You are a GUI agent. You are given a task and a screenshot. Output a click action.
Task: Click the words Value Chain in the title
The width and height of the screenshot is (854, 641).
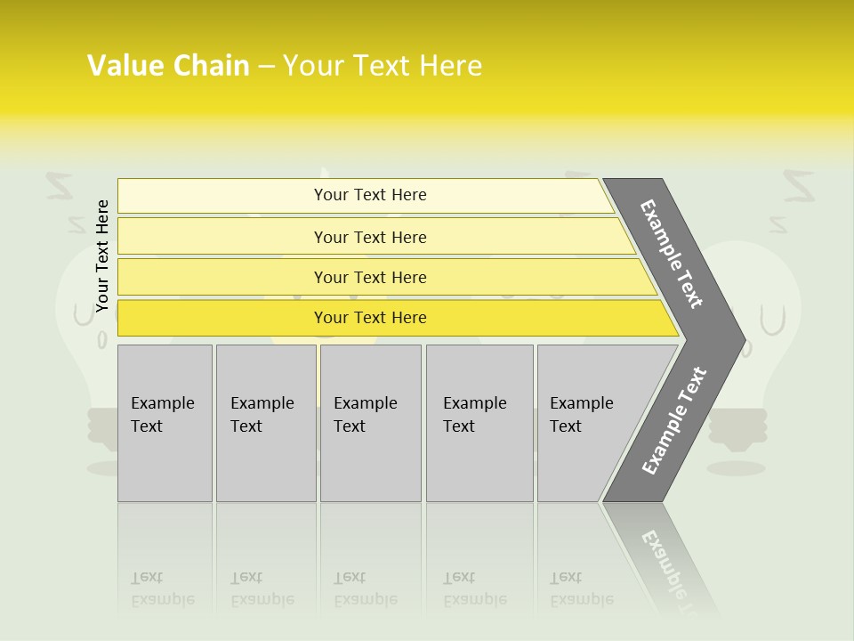(168, 66)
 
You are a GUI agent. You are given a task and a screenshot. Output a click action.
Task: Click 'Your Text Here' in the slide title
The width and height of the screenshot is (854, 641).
(383, 66)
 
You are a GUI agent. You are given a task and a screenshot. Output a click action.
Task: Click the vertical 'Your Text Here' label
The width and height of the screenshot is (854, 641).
(102, 256)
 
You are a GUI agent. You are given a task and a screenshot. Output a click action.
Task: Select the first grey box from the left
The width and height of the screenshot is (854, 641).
(165, 423)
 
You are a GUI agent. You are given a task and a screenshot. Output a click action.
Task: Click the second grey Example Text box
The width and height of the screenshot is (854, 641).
(265, 423)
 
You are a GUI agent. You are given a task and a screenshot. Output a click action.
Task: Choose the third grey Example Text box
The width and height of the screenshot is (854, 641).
(370, 423)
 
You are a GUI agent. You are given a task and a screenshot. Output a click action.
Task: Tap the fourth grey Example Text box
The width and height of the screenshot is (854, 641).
(479, 423)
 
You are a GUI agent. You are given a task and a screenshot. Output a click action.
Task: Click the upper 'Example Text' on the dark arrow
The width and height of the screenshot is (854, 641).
(672, 254)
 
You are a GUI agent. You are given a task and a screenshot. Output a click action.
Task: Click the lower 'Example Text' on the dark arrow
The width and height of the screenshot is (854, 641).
(674, 421)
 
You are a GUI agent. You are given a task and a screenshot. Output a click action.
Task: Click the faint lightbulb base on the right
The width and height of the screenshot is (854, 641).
(736, 428)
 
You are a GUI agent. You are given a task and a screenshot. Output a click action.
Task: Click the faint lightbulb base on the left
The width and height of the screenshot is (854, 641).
(102, 426)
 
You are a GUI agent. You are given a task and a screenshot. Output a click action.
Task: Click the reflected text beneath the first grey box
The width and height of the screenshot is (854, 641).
(163, 588)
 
